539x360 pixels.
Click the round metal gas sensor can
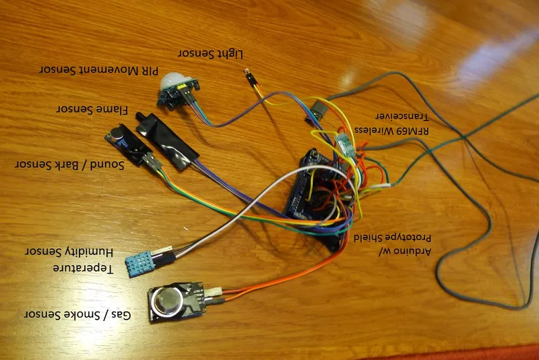(166, 300)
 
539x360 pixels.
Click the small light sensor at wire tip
(251, 80)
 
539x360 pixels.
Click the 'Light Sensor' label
(210, 53)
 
